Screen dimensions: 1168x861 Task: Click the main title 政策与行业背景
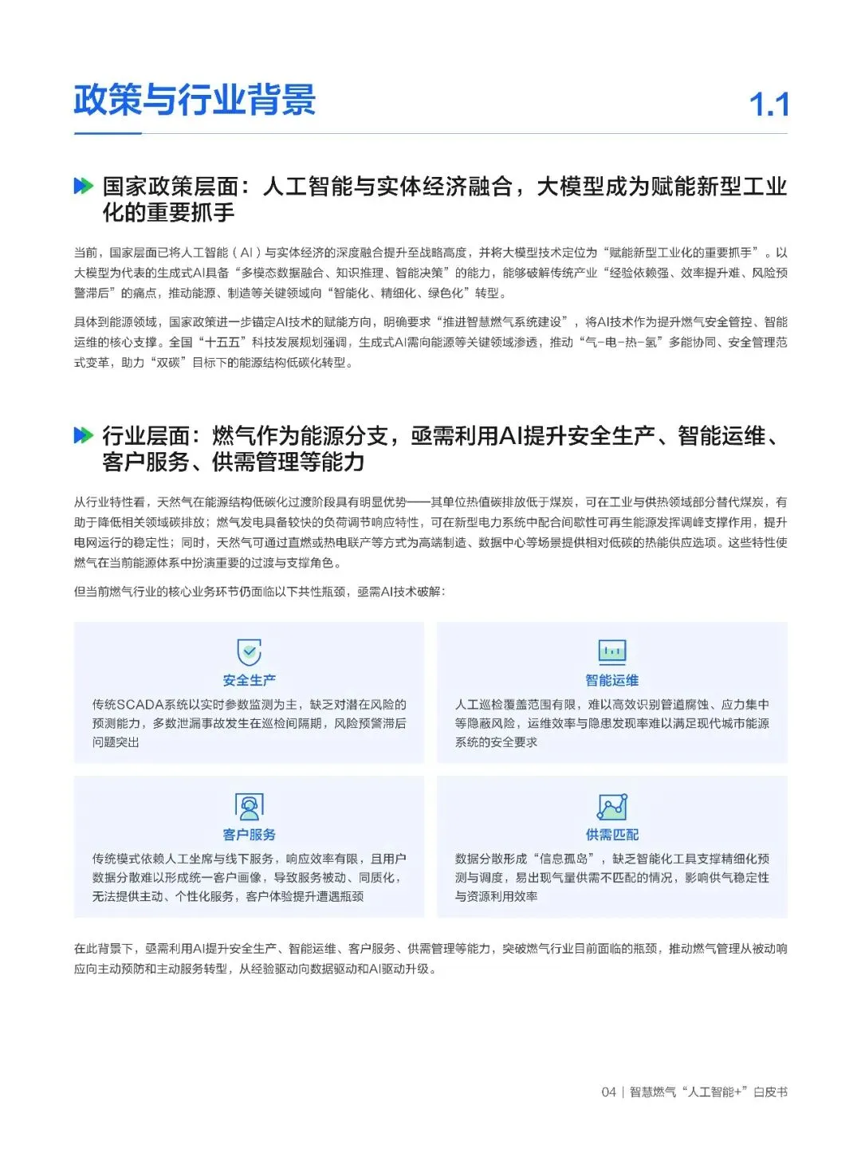tap(195, 100)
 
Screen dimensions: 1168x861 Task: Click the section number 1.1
tap(769, 104)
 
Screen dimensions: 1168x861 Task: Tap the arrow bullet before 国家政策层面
tap(83, 187)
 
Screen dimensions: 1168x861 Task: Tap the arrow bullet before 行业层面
tap(83, 435)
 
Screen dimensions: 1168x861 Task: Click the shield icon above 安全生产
tap(250, 651)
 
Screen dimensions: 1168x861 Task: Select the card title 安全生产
tap(250, 680)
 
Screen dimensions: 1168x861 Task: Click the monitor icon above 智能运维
tap(612, 651)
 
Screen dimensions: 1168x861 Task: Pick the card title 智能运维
tap(612, 680)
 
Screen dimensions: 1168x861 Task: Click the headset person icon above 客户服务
tap(250, 806)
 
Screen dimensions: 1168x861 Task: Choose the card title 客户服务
tap(250, 835)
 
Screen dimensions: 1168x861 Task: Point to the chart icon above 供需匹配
tap(612, 806)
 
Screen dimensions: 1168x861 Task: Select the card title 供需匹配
tap(612, 835)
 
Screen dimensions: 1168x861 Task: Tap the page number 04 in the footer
tap(608, 1091)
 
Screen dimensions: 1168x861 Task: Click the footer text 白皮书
tap(770, 1091)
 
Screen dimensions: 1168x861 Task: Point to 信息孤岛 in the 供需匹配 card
tap(563, 859)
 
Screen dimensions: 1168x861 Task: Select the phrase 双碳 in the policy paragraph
tap(167, 363)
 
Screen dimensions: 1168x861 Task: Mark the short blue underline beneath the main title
tap(108, 133)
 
